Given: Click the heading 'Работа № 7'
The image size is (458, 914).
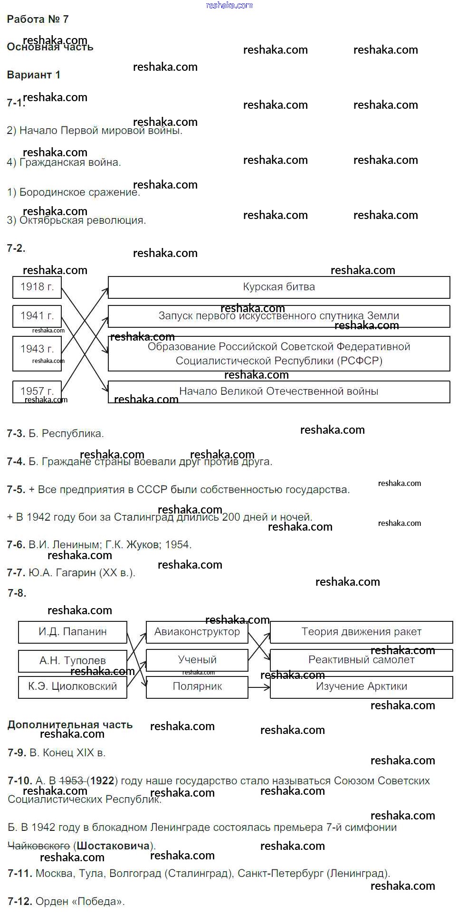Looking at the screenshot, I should pos(38,19).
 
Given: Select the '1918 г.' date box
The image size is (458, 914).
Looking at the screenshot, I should pos(37,287).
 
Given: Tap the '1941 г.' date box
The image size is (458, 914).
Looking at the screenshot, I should pos(37,316).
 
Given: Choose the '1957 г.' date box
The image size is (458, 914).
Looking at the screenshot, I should pos(37,391).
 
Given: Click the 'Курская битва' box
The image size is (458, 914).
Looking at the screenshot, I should pos(279,287).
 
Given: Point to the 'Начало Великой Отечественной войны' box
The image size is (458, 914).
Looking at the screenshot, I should pos(279,392).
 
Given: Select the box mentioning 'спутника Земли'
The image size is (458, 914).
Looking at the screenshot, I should pos(279,316).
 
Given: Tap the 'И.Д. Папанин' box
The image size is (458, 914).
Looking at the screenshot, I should pos(73,632).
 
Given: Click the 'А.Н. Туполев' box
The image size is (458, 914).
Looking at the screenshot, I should pos(73,660).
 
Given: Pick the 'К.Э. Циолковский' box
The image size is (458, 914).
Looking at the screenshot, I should pos(73,687).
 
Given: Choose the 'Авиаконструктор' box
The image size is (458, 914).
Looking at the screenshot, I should pos(197,632).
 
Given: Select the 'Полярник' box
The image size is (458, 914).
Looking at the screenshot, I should pos(197,687).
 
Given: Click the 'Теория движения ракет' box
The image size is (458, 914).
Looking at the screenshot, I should pos(361,632).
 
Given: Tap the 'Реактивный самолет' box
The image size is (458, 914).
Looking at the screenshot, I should pos(361,660).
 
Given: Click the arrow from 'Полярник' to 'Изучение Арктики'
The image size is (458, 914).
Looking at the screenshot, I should pos(259,687).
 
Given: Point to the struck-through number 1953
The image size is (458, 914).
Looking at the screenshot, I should pos(72,781).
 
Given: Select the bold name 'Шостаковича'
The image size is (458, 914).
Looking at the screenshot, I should pos(113,846).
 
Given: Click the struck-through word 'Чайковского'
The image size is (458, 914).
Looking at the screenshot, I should pos(39,846).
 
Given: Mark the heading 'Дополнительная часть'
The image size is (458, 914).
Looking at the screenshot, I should pos(70,725).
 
